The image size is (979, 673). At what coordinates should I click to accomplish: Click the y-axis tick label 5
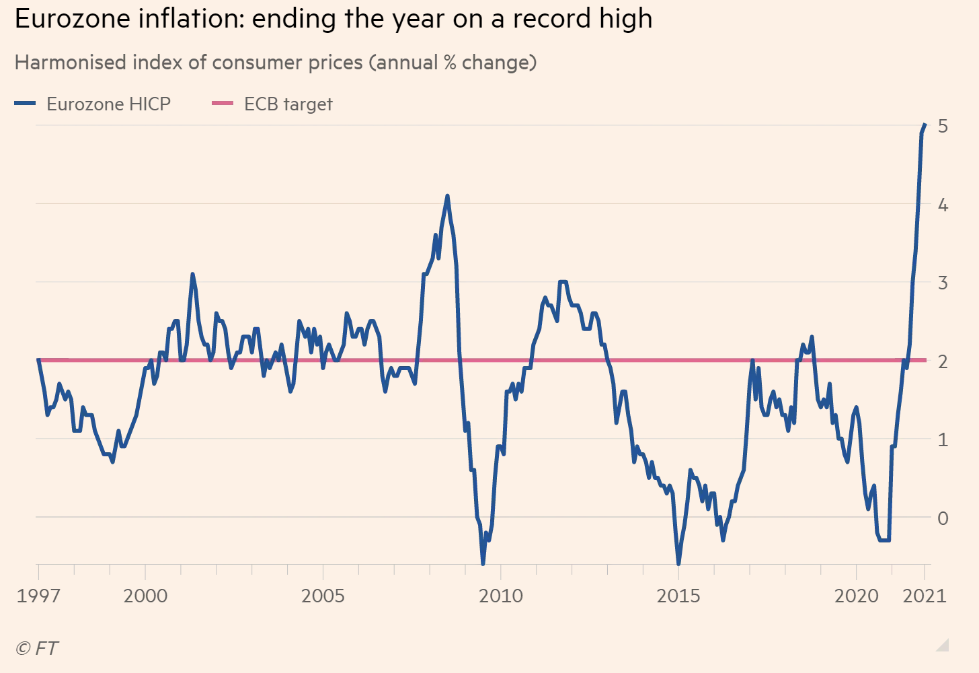[943, 126]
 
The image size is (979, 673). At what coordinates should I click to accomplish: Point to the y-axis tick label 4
[943, 205]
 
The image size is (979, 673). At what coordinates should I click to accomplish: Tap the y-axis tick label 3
[943, 283]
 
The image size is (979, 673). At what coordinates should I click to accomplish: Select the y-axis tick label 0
[943, 518]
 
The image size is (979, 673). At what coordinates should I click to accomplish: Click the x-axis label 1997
[38, 596]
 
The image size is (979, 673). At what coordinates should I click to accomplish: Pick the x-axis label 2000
[145, 596]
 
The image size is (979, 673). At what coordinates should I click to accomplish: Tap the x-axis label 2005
[323, 596]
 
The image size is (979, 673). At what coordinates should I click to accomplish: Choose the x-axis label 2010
[500, 596]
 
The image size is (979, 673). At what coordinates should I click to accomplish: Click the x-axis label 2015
[678, 596]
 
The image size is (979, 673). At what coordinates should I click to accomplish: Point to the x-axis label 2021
[925, 596]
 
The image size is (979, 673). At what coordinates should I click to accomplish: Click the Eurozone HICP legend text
[108, 104]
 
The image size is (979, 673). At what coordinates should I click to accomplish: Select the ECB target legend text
[288, 104]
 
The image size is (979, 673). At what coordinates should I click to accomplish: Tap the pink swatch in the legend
[223, 103]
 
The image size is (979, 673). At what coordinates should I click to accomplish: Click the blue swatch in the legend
[25, 103]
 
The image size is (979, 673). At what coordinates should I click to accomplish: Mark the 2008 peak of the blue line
[447, 196]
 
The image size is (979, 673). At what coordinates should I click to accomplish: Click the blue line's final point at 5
[925, 125]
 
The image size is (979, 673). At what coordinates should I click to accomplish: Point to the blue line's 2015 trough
[678, 563]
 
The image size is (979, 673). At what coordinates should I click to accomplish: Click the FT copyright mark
[37, 648]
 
